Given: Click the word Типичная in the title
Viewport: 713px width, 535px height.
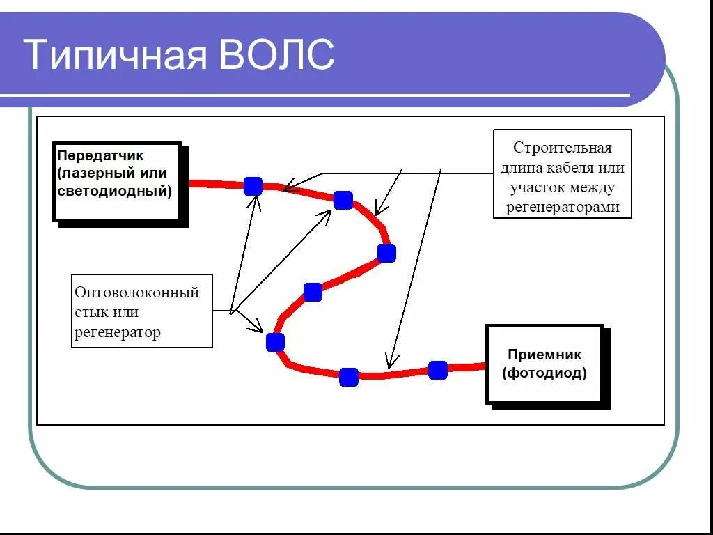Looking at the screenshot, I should [116, 55].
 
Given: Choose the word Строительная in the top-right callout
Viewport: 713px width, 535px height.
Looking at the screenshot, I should [562, 148].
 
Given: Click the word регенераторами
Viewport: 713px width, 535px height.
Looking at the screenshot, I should [563, 208].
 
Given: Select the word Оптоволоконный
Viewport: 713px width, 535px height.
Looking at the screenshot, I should [137, 293].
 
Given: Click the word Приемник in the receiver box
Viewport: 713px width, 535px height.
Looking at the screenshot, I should [544, 355].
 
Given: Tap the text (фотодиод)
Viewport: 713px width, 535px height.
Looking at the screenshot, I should [544, 373].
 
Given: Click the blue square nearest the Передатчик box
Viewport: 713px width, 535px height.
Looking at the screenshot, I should [253, 186].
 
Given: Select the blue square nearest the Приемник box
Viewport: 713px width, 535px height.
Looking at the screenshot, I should [437, 370].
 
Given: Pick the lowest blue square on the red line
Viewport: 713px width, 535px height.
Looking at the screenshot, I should [349, 377].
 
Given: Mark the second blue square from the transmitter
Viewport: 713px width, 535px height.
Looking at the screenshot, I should [343, 200].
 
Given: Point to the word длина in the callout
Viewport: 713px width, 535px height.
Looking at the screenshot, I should [521, 168].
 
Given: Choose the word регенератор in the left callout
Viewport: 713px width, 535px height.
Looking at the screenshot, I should [118, 332].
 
